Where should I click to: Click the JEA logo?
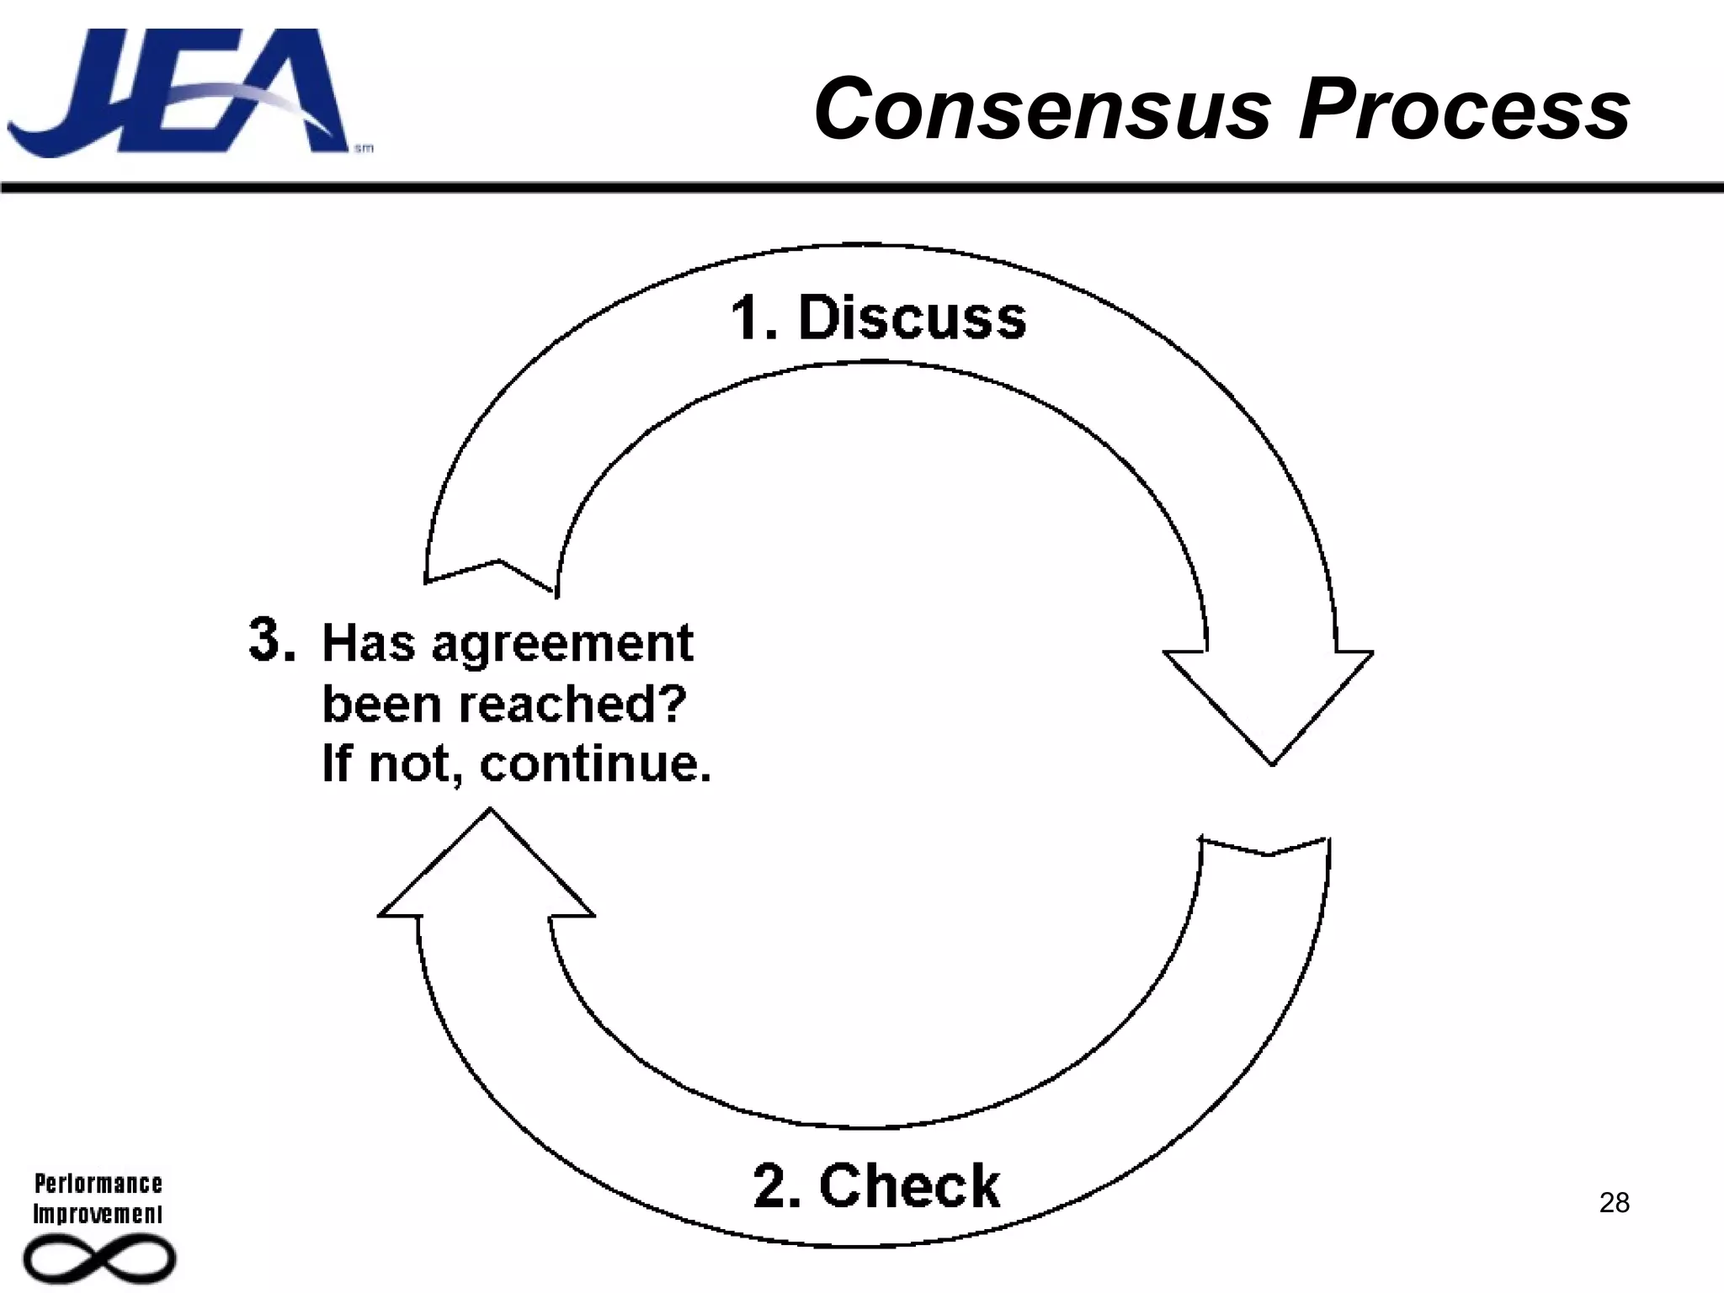177,93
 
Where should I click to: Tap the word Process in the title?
1464,109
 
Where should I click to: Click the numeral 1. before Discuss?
753,318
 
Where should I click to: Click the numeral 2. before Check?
776,1186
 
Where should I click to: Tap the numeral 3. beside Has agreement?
272,640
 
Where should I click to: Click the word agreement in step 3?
562,644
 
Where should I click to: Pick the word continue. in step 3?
595,764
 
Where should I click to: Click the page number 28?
1614,1203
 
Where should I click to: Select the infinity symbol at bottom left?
99,1259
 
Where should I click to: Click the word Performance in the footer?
98,1184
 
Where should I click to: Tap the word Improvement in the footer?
98,1214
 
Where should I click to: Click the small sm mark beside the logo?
364,149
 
